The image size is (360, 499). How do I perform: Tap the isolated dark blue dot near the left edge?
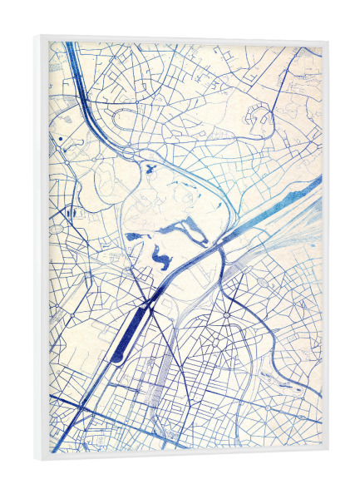(x=61, y=137)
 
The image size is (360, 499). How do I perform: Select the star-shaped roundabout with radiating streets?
(x=226, y=317)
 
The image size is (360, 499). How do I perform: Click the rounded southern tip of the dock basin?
(x=114, y=358)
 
